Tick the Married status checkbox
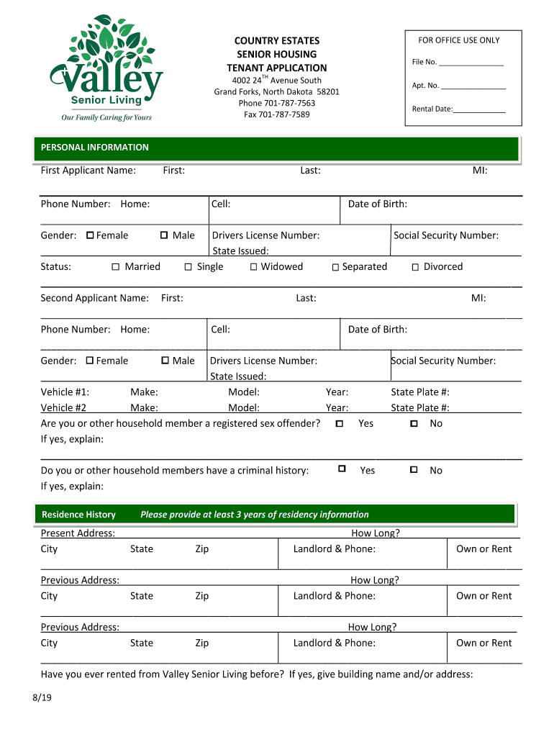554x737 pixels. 116,268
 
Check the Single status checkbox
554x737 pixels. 188,268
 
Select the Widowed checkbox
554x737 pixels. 254,268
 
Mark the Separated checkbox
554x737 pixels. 335,268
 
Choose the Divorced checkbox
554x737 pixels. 415,268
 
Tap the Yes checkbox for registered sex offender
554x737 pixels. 340,424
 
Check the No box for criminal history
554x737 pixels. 414,470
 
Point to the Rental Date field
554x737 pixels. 479,109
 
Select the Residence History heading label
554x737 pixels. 78,515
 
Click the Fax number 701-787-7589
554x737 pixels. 276,114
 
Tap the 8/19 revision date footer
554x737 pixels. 41,698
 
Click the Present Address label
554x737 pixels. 78,533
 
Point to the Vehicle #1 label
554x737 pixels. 65,392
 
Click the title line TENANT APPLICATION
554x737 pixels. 277,68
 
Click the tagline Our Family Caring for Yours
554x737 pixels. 106,117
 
